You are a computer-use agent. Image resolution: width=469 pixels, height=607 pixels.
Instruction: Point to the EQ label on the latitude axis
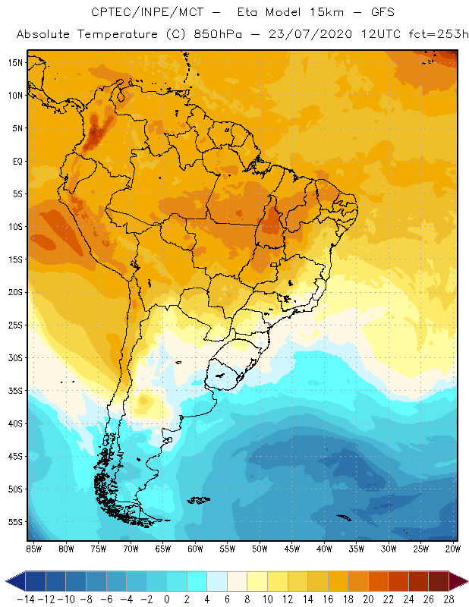click(x=16, y=161)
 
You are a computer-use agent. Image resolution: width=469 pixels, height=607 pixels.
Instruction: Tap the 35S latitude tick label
click(x=14, y=391)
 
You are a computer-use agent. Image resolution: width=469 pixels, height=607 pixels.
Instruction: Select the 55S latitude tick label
click(x=14, y=522)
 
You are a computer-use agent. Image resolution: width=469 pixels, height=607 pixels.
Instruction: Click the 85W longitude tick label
click(x=33, y=548)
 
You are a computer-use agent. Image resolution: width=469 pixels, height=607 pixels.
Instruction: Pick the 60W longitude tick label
click(x=195, y=548)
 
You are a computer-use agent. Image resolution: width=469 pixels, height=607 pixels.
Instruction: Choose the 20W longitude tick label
click(x=453, y=548)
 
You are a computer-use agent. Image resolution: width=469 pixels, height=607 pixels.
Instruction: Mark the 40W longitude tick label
click(x=324, y=548)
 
